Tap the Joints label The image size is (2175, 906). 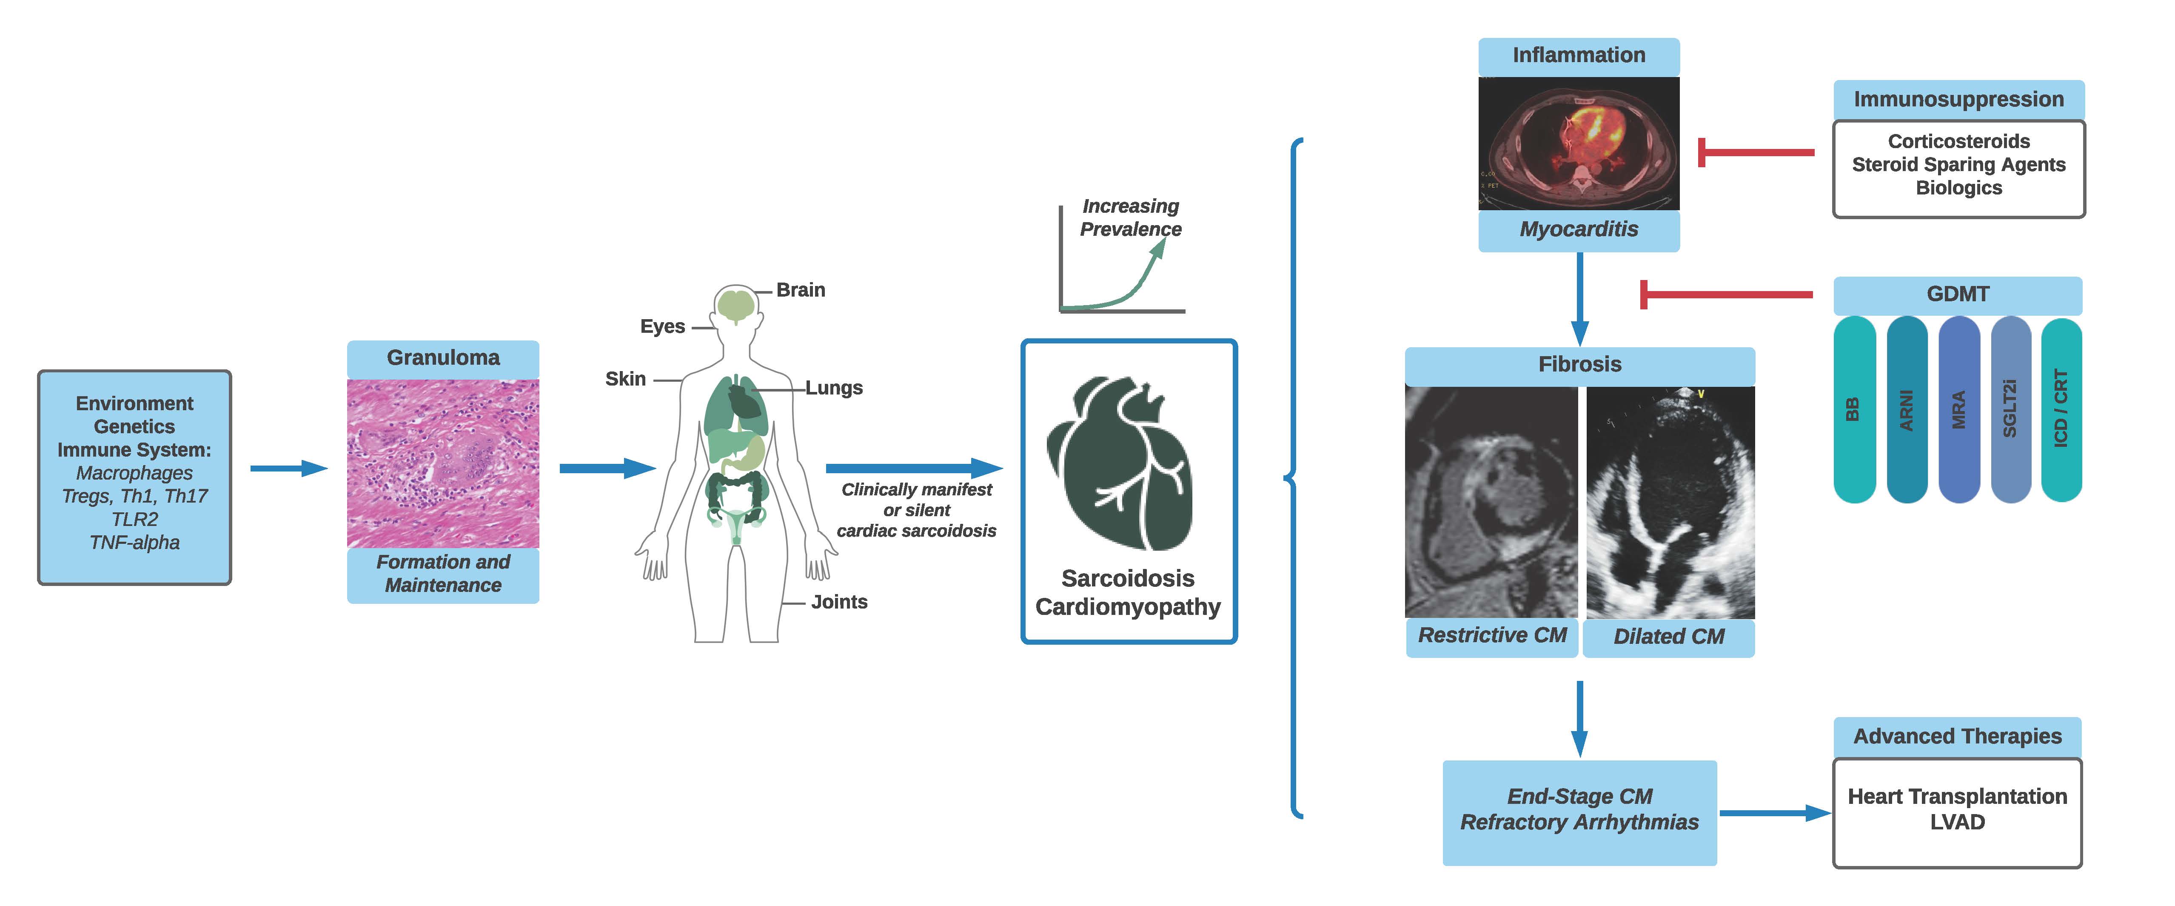coord(838,602)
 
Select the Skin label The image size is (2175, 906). coord(625,379)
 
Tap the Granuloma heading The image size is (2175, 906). coord(442,357)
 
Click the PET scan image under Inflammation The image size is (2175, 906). coord(1578,143)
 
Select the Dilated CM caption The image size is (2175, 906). coord(1668,637)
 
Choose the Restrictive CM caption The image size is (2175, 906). coord(1492,635)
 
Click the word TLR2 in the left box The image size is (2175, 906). coord(134,519)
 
